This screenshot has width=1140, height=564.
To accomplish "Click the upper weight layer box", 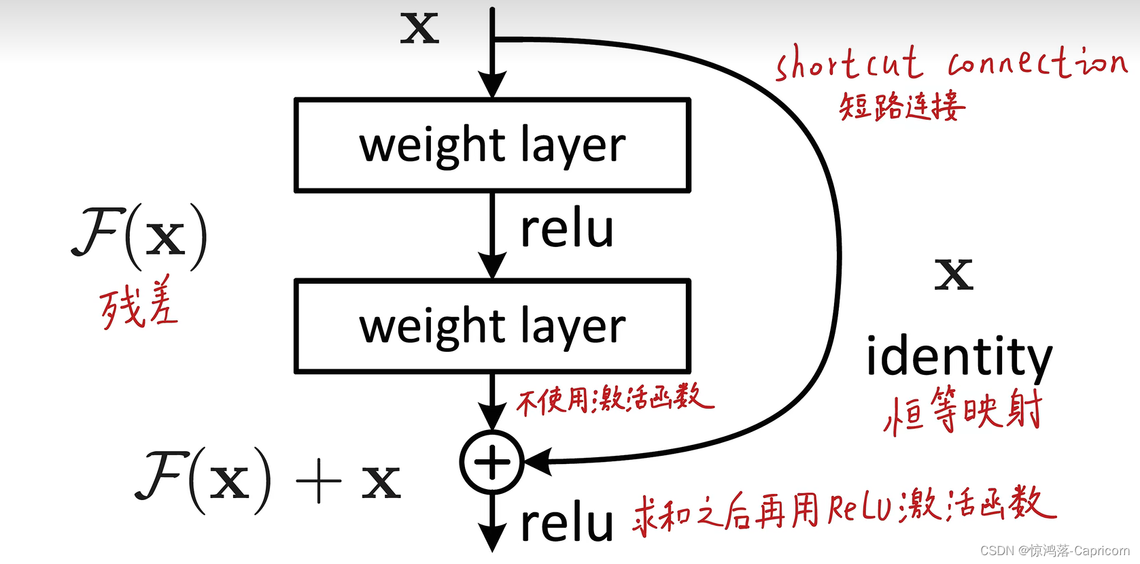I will tap(492, 146).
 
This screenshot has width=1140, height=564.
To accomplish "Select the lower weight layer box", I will tap(492, 327).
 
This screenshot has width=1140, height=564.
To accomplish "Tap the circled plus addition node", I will tap(491, 462).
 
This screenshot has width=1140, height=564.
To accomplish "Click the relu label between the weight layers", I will tap(567, 229).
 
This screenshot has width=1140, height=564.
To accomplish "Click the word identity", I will tap(959, 356).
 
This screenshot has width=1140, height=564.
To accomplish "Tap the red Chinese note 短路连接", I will tap(902, 107).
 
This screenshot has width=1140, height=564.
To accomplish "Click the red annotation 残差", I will tap(139, 304).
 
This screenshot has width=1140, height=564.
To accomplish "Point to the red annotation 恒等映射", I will tap(963, 410).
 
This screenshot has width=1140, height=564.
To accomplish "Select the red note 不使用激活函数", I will tap(615, 399).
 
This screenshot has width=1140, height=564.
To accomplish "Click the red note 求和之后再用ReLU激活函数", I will tap(844, 508).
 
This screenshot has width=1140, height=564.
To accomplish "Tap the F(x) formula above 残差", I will tap(140, 237).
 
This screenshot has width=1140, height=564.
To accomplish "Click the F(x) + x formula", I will tap(269, 480).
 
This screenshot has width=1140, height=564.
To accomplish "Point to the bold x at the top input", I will tap(419, 29).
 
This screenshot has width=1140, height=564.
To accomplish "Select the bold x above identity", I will tap(954, 274).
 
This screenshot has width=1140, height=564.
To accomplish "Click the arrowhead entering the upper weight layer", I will tap(492, 84).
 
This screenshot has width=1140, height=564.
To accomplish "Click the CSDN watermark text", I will tap(1054, 550).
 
